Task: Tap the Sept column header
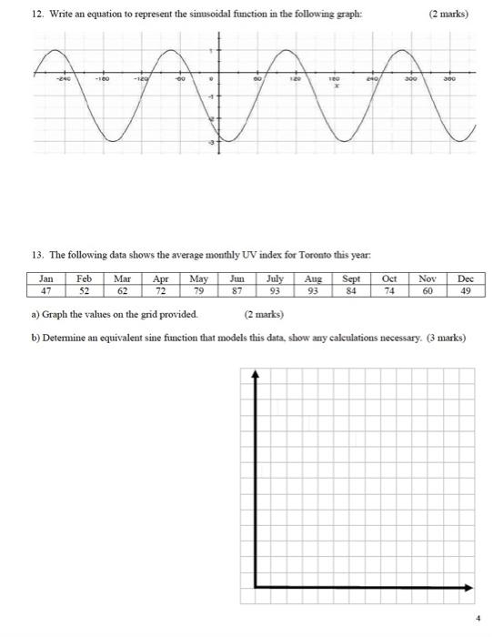[352, 278]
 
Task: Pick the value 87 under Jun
[237, 291]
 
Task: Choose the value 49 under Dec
[467, 291]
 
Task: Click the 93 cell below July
[275, 291]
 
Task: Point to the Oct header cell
[390, 278]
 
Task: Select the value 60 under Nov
[428, 291]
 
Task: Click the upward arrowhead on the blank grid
[256, 373]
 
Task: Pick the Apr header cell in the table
[161, 278]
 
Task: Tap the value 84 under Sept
[352, 291]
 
